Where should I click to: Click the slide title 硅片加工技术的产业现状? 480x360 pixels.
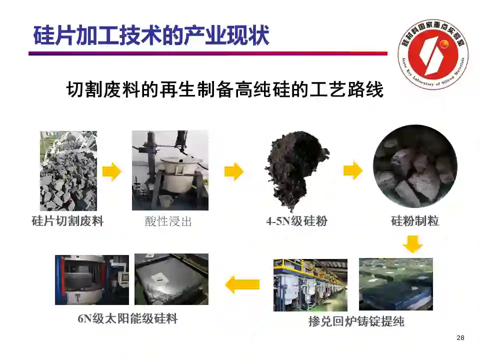pyautogui.click(x=151, y=35)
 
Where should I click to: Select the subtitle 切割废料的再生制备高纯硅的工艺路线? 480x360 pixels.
pyautogui.click(x=225, y=89)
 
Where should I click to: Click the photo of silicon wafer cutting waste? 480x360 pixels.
pyautogui.click(x=68, y=171)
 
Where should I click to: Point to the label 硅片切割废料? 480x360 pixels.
pyautogui.click(x=67, y=221)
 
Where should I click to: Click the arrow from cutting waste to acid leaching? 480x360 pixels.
pyautogui.click(x=111, y=171)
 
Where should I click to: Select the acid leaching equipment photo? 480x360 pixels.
pyautogui.click(x=170, y=170)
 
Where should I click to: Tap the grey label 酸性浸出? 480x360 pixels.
pyautogui.click(x=168, y=221)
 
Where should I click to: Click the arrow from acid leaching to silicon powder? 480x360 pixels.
pyautogui.click(x=234, y=171)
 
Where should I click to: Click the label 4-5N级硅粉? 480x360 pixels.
pyautogui.click(x=296, y=221)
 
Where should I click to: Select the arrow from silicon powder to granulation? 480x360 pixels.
pyautogui.click(x=353, y=170)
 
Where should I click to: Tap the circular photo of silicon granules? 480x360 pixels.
pyautogui.click(x=415, y=166)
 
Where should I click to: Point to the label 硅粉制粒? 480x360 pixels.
pyautogui.click(x=415, y=221)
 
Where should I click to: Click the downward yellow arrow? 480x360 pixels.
pyautogui.click(x=412, y=244)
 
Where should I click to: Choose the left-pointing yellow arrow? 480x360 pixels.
pyautogui.click(x=242, y=284)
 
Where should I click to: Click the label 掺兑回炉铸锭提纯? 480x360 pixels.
pyautogui.click(x=356, y=321)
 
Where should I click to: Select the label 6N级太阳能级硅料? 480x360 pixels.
pyautogui.click(x=127, y=318)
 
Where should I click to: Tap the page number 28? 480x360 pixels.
pyautogui.click(x=460, y=338)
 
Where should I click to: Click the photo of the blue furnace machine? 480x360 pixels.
pyautogui.click(x=92, y=280)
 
